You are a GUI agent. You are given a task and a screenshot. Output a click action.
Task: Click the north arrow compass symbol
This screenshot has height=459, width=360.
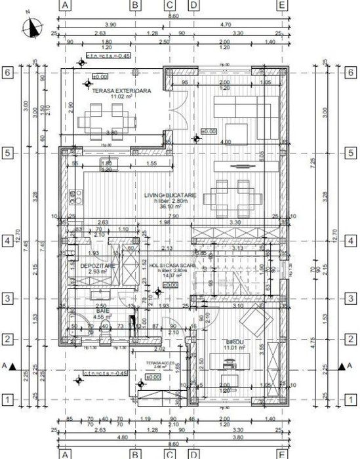(30, 27)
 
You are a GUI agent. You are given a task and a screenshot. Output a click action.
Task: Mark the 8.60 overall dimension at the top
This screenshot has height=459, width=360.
(173, 15)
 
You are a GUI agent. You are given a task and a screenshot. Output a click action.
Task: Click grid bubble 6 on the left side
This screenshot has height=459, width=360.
(8, 73)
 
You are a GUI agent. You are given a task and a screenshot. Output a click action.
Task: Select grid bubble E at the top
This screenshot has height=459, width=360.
(282, 5)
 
